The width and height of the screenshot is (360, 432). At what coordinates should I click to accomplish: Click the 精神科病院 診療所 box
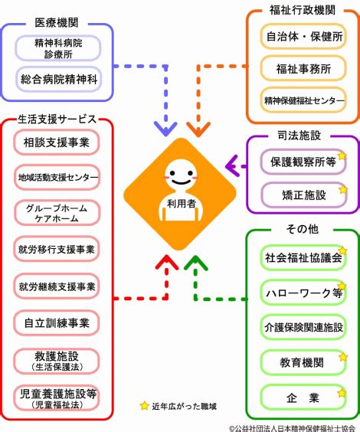click(58, 48)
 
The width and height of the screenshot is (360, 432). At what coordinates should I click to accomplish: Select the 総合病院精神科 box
click(59, 80)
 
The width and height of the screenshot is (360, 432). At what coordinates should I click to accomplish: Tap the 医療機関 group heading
click(57, 22)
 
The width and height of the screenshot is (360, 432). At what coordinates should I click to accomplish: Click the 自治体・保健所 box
click(303, 37)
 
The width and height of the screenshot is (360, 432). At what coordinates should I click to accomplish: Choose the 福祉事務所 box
click(303, 69)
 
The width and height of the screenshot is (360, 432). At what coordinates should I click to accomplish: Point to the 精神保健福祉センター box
click(303, 100)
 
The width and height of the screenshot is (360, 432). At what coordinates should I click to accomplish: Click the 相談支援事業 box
click(57, 142)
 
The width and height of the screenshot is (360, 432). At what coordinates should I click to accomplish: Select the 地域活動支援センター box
click(57, 177)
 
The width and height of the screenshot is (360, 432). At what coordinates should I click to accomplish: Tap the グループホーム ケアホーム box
click(57, 213)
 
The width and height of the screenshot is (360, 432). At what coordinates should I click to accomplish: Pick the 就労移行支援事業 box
click(57, 250)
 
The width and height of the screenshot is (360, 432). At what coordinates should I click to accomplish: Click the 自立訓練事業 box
click(57, 323)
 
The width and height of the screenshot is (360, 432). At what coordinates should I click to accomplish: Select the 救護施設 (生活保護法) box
click(57, 362)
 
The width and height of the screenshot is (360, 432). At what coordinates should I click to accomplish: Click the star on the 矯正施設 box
click(343, 190)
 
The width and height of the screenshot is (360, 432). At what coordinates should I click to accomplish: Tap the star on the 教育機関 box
click(343, 357)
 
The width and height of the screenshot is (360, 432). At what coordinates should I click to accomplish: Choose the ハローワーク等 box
click(303, 293)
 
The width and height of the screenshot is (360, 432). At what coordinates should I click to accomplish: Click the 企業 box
click(303, 398)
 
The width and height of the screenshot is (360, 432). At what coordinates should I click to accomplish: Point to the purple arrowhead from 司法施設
click(233, 166)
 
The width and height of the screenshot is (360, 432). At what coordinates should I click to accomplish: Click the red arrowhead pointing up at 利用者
click(167, 263)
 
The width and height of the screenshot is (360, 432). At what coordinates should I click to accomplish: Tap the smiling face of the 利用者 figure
click(181, 175)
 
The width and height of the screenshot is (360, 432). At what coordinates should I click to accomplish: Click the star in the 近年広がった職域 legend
click(144, 405)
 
